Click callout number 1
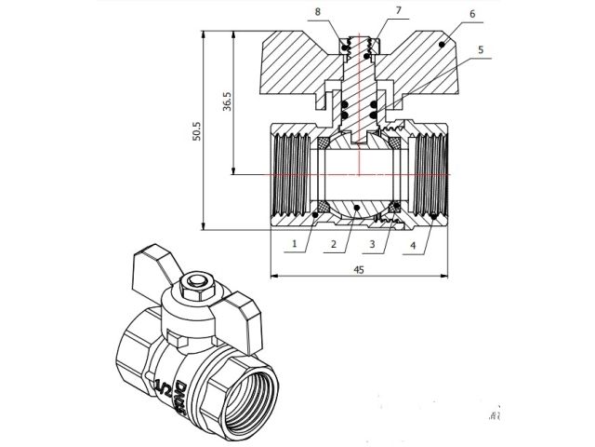pos(293,244)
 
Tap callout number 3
pos(372,244)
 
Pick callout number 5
pos(481,49)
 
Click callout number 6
pos(471,15)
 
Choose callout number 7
pos(397,10)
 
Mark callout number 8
pos(319,11)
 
